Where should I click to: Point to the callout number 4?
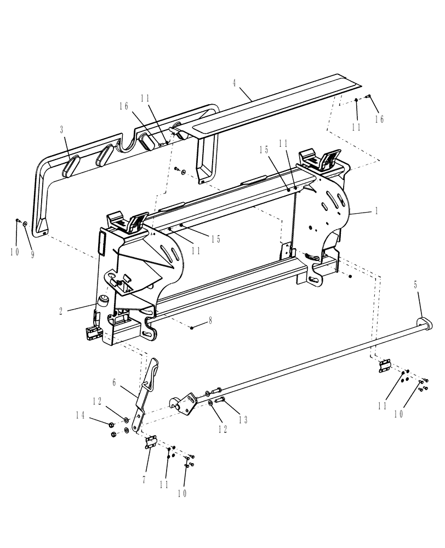coord(235,83)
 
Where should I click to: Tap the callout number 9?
coord(32,254)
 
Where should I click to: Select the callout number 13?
coord(242,420)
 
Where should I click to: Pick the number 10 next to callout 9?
coord(14,252)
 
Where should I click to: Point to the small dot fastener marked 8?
coord(193,327)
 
